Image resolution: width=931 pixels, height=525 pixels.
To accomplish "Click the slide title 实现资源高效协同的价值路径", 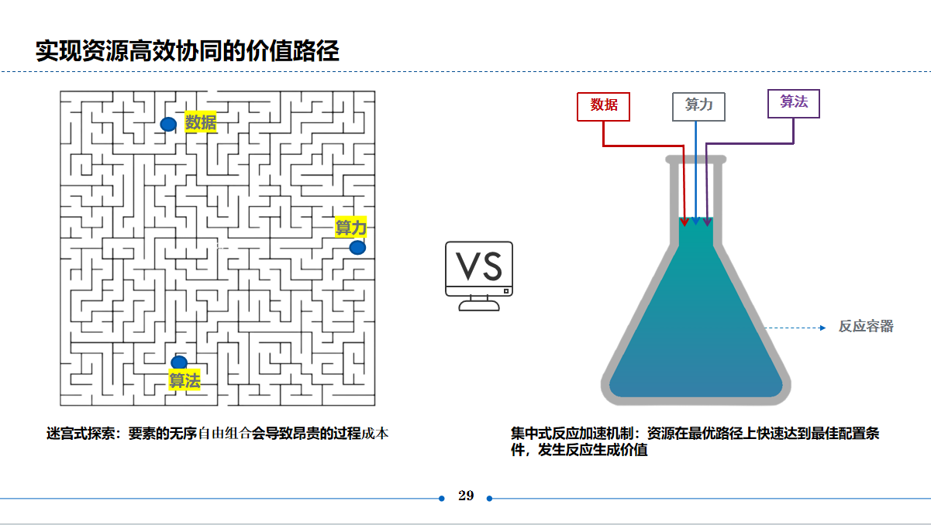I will pyautogui.click(x=188, y=51).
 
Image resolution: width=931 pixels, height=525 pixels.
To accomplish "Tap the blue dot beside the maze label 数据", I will pyautogui.click(x=168, y=124).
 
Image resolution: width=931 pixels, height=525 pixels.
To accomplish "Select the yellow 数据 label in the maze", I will pyautogui.click(x=201, y=122).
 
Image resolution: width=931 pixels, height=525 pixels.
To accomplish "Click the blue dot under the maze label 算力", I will pyautogui.click(x=357, y=248).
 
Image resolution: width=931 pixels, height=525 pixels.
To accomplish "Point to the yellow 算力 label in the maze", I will pyautogui.click(x=350, y=228).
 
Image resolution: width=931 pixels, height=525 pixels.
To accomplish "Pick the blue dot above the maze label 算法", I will pyautogui.click(x=179, y=362).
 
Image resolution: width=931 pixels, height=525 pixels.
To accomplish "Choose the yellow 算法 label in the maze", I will pyautogui.click(x=184, y=380).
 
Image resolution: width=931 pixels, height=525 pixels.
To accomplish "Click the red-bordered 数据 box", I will pyautogui.click(x=604, y=106).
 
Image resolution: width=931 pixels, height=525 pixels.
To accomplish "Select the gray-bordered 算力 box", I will pyautogui.click(x=698, y=106).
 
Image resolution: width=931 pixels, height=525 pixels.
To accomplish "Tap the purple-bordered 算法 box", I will pyautogui.click(x=794, y=103).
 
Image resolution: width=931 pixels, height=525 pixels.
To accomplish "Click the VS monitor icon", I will pyautogui.click(x=478, y=275).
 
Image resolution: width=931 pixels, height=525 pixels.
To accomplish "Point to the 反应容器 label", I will pyautogui.click(x=866, y=327).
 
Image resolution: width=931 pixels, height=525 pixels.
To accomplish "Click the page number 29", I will pyautogui.click(x=466, y=496).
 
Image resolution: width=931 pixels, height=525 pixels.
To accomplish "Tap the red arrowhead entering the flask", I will pyautogui.click(x=684, y=221).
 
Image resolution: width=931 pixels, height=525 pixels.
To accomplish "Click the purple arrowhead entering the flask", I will pyautogui.click(x=707, y=221).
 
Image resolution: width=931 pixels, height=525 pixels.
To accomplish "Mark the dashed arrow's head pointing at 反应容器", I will pyautogui.click(x=822, y=328).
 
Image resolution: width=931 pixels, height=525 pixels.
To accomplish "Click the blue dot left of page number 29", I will pyautogui.click(x=442, y=498).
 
